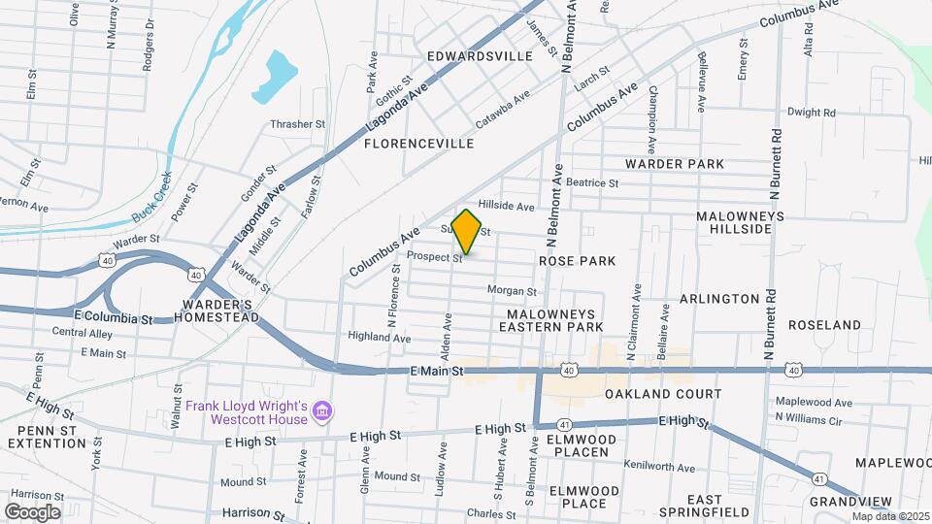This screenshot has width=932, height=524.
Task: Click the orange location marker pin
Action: coord(466,232)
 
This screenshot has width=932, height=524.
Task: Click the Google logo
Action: coord(32,512)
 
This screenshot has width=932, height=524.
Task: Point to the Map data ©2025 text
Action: coord(890,516)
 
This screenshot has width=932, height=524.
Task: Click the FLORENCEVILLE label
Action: coord(418,144)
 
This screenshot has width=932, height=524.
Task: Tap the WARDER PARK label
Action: coord(675,164)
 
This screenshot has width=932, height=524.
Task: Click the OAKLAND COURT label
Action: coord(663,394)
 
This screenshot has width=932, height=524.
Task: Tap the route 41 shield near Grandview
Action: coord(820,478)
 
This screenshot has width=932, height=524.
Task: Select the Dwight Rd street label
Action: coord(812,113)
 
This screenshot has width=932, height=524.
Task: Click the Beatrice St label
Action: coord(592,182)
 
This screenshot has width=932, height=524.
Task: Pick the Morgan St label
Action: coord(512,291)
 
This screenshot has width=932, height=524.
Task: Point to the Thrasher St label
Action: coord(297,124)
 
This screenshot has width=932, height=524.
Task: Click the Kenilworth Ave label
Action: coord(659,467)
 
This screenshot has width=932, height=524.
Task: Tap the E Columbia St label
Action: coord(114,318)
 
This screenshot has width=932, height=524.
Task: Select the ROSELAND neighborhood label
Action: coord(824,325)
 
